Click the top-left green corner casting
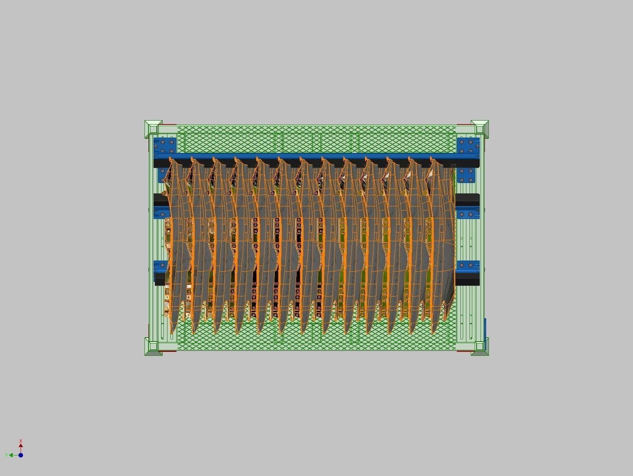[x=153, y=129]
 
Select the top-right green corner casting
[x=480, y=129]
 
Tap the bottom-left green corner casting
[x=153, y=347]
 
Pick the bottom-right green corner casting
[x=480, y=347]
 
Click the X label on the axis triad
[x=21, y=441]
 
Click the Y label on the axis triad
[x=6, y=455]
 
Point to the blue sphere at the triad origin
[x=21, y=455]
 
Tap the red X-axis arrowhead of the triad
[x=21, y=446]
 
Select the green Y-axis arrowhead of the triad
[x=11, y=455]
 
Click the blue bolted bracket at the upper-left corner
[x=165, y=145]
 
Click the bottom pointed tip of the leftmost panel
[x=172, y=333]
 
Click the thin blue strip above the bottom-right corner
[x=485, y=328]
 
